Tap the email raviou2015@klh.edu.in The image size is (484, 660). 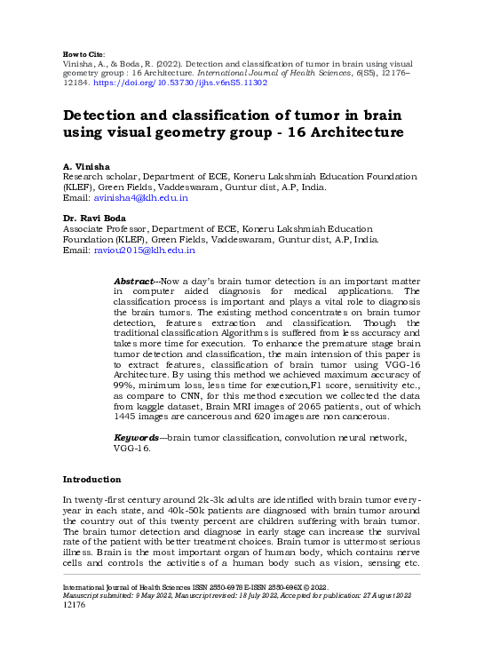tap(144, 251)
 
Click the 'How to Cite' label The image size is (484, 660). tap(85, 53)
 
